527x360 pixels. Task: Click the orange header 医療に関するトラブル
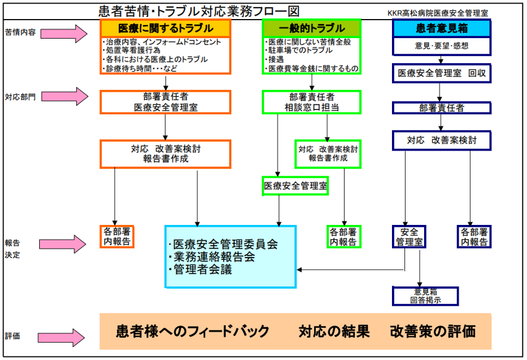165,28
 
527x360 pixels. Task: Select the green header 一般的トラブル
312,28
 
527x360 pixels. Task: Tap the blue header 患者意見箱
441,28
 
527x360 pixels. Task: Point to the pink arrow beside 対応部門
72,96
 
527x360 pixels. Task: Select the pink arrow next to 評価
72,336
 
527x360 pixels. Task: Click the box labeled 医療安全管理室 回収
441,73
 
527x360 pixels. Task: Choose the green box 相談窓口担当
312,102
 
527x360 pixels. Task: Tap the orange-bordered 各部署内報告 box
117,236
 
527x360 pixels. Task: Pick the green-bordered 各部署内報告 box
344,236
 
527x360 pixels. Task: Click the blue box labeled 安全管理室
409,236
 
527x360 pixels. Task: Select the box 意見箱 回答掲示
425,296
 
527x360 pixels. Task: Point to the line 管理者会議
202,270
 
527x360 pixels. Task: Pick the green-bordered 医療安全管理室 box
296,186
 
